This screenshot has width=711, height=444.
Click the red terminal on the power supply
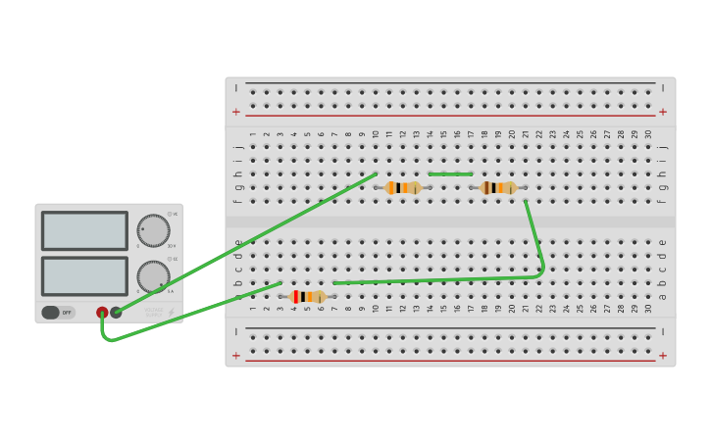tap(102, 313)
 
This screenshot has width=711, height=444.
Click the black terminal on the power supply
tap(116, 313)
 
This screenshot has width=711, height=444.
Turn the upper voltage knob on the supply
tap(153, 230)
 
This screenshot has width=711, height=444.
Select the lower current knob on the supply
tap(153, 276)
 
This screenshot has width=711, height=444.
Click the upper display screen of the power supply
tap(84, 231)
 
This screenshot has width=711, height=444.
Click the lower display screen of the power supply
tap(84, 275)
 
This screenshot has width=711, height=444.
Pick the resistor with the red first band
tap(308, 297)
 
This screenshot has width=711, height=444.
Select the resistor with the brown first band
tap(499, 188)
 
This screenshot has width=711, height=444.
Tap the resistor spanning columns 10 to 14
tap(403, 188)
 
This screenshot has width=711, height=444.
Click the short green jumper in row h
tap(450, 174)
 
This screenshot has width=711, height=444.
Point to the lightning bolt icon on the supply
tap(171, 313)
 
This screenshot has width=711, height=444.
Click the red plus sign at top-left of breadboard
tap(235, 112)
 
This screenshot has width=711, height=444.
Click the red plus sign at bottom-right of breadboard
tap(663, 356)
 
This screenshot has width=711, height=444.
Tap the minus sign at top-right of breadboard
tap(663, 88)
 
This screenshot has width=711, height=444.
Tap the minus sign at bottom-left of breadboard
tap(235, 332)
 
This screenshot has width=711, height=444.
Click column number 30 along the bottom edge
tap(648, 309)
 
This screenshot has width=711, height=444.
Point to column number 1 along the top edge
tap(252, 134)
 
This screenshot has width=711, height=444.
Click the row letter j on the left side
tap(237, 147)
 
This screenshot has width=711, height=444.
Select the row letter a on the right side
tap(662, 296)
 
